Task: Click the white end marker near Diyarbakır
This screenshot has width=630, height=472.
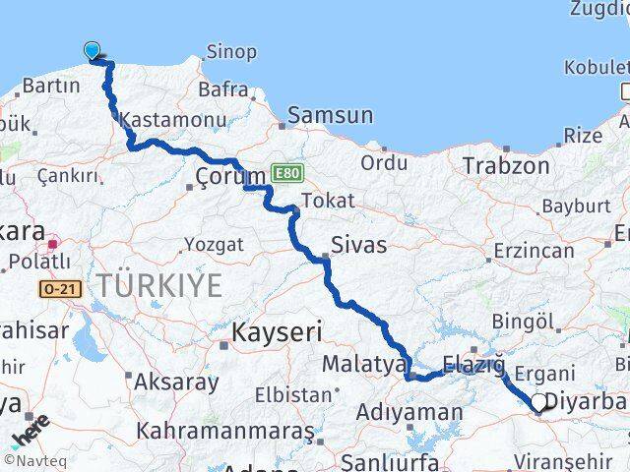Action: (x=540, y=402)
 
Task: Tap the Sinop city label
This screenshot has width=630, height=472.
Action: (x=231, y=51)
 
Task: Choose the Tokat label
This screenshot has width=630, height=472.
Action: (x=328, y=201)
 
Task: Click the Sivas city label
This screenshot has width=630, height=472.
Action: (x=359, y=244)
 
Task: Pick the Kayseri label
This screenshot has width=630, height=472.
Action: (x=276, y=332)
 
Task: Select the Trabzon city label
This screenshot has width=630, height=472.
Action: (x=509, y=165)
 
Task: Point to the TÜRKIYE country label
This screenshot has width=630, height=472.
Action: (x=159, y=286)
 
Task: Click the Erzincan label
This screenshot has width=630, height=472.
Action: (x=535, y=251)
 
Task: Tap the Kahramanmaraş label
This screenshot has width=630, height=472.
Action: (x=224, y=431)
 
